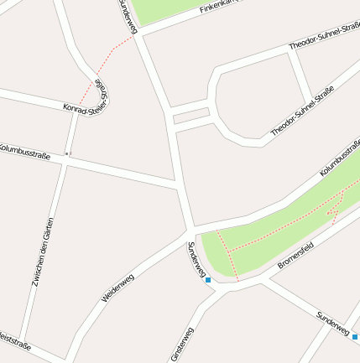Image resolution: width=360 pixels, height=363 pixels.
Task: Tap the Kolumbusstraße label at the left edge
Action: (x=24, y=151)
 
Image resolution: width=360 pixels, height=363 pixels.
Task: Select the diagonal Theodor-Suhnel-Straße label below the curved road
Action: (x=302, y=111)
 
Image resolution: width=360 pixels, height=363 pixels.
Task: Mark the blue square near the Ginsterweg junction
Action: (x=208, y=280)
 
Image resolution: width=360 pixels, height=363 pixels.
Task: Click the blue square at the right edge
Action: (x=355, y=336)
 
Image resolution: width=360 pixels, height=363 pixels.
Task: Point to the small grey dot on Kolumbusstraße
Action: (x=68, y=153)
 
